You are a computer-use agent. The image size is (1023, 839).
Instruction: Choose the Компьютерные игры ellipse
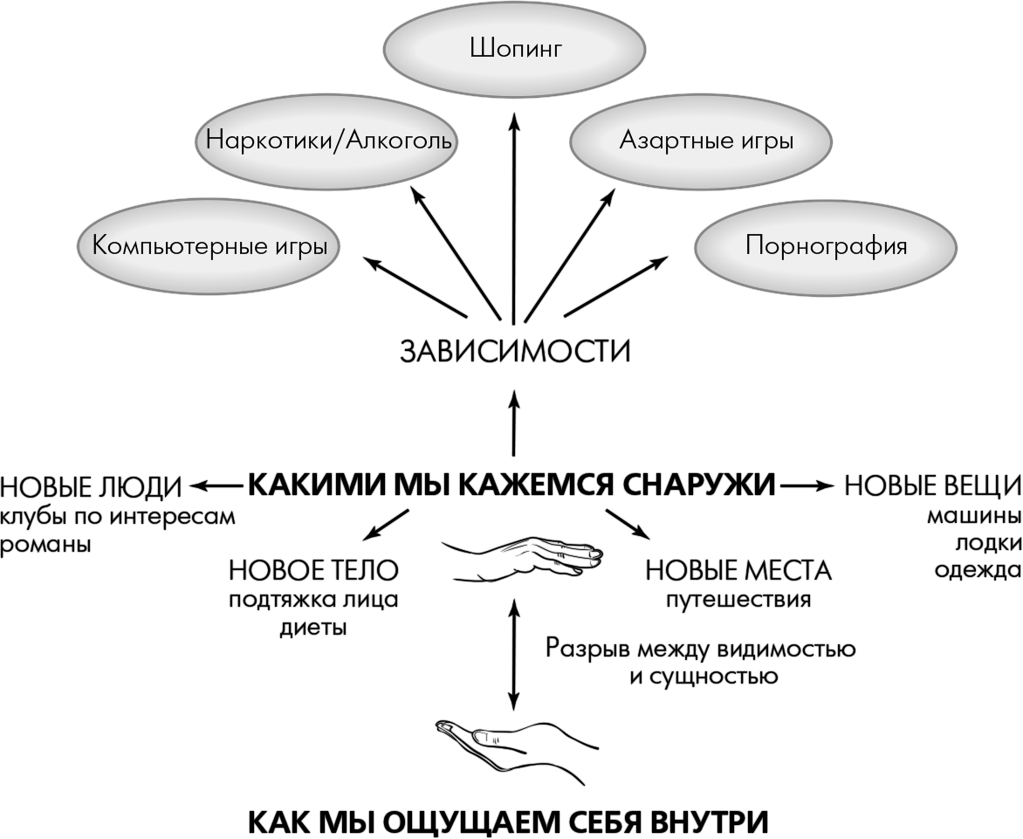[209, 245]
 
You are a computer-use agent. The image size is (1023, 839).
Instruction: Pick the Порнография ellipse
[826, 245]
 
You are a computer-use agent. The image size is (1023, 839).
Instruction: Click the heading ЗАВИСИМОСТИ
[514, 352]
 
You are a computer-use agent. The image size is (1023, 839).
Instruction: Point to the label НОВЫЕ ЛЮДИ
[91, 485]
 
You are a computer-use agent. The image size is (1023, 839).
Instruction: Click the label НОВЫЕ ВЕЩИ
[932, 485]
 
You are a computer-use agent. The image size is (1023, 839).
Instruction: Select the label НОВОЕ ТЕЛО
[313, 571]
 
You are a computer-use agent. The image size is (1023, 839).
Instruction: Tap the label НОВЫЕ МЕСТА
[738, 571]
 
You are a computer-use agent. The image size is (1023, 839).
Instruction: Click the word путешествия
[738, 601]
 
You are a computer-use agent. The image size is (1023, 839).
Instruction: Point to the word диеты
[313, 629]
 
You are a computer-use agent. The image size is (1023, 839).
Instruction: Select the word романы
[46, 544]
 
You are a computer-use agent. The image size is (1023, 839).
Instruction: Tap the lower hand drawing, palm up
[515, 743]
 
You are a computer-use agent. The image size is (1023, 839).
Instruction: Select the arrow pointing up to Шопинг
[513, 218]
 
